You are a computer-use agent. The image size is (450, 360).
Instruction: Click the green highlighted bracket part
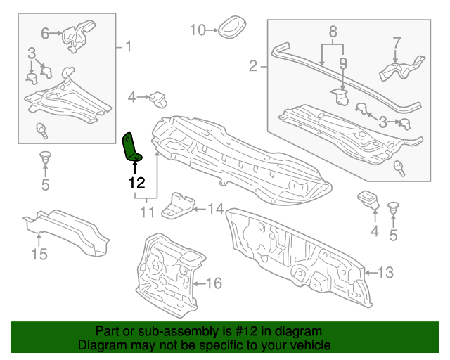click(x=132, y=146)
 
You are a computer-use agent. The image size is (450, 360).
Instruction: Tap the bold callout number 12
click(x=136, y=183)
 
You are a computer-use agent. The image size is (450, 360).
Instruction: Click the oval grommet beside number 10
click(x=230, y=28)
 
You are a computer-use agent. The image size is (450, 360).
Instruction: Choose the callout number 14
click(x=214, y=208)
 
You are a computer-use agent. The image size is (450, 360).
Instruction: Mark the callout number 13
click(x=388, y=272)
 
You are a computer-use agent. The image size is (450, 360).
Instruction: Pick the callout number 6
click(x=45, y=32)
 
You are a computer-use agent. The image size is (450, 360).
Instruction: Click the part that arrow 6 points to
click(x=75, y=35)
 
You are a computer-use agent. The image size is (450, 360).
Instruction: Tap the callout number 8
click(x=333, y=31)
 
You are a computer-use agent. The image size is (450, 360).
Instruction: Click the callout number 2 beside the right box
click(x=253, y=66)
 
